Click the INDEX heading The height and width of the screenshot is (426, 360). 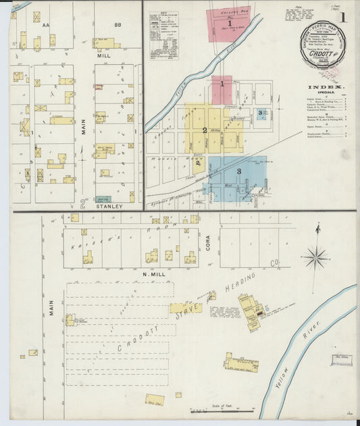[x=326, y=87]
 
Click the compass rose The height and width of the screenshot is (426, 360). [x=316, y=257]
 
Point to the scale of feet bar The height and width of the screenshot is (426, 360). [x=217, y=409]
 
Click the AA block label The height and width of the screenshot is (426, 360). [x=47, y=24]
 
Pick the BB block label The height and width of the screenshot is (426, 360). [x=117, y=24]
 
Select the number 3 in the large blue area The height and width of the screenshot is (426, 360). [x=238, y=171]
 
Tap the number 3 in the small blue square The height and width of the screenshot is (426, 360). [x=260, y=113]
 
